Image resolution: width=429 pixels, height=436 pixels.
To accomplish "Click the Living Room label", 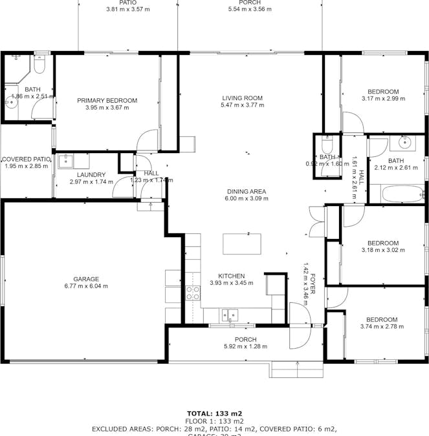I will [242, 98].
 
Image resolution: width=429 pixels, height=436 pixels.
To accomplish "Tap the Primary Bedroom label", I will [107, 100].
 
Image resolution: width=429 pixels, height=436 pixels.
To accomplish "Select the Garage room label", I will [85, 279].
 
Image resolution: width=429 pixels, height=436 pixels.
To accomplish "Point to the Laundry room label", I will [91, 174].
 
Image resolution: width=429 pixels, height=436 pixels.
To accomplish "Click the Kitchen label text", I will [230, 276].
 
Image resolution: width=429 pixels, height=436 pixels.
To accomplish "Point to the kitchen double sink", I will [229, 315].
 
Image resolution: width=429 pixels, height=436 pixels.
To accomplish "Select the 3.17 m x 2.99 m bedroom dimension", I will [382, 99].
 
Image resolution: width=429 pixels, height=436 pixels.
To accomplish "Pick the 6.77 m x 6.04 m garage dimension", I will [85, 286].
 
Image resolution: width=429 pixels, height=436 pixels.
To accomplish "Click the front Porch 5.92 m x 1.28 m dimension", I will [245, 346].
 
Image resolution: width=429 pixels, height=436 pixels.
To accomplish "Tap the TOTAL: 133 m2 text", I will [214, 413].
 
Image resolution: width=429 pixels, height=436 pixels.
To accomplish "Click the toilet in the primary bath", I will [39, 65].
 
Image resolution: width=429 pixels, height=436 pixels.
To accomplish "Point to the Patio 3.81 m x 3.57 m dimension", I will [127, 10].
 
